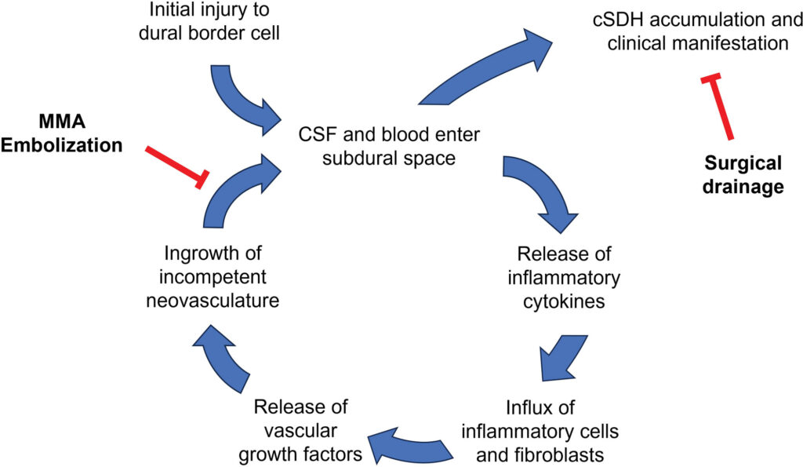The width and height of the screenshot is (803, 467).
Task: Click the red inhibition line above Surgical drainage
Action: point(718,108)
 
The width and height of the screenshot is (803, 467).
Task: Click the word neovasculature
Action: point(213,301)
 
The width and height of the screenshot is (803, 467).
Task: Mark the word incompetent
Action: point(213,277)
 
